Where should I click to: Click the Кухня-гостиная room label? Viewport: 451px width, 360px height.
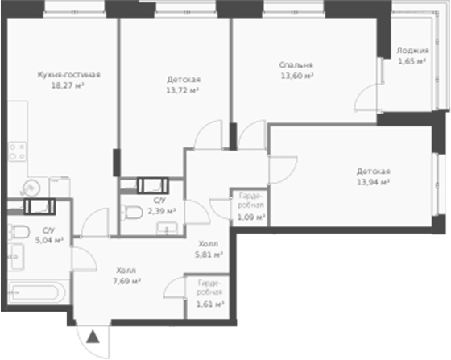(x=68, y=75)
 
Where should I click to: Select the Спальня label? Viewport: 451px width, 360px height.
(x=296, y=65)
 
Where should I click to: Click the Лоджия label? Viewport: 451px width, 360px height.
(x=412, y=51)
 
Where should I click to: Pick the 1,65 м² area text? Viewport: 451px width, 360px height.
(x=412, y=60)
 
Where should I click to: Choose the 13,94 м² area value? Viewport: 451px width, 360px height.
(x=374, y=182)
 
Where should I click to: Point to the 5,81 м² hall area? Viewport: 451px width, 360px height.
(x=210, y=253)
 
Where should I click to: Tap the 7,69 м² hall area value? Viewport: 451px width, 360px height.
(x=126, y=281)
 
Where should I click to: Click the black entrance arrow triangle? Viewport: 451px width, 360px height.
(x=93, y=337)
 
